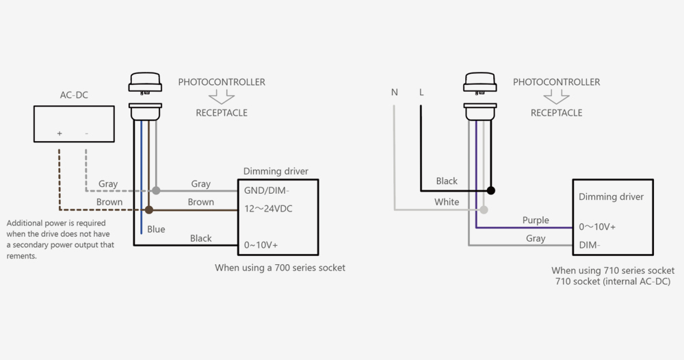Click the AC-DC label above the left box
(x=74, y=95)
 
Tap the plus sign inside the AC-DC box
(x=60, y=133)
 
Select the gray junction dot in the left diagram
(x=156, y=190)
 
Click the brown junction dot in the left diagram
(x=149, y=209)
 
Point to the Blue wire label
(x=156, y=229)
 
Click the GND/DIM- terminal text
(x=266, y=190)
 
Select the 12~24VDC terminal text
(x=268, y=209)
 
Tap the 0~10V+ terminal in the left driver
(x=261, y=244)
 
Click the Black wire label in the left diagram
(x=200, y=238)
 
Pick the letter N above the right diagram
(x=395, y=92)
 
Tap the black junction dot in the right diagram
(x=490, y=190)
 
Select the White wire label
(x=447, y=202)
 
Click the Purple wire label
(x=536, y=220)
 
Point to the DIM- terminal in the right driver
(x=590, y=244)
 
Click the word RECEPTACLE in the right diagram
(x=556, y=113)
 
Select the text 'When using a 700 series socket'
(x=280, y=268)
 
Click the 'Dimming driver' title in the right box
(x=611, y=196)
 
